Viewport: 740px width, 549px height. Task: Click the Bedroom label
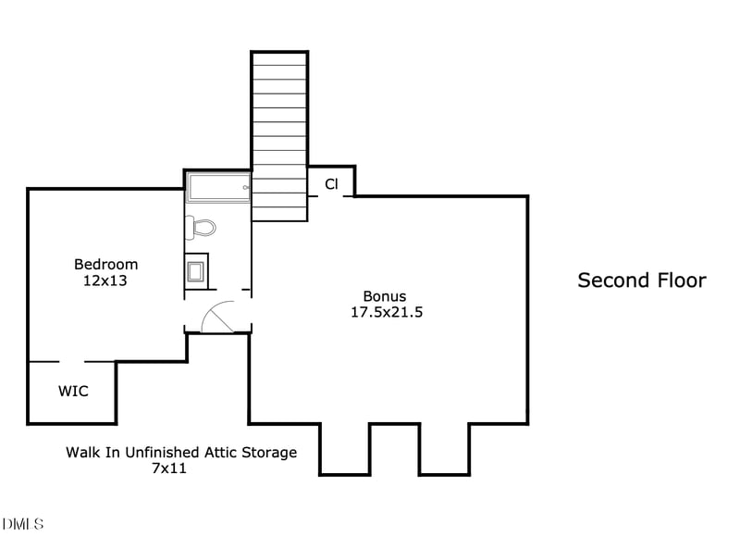click(x=105, y=264)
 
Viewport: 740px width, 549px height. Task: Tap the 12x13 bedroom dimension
click(x=105, y=281)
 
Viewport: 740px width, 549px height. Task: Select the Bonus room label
click(x=385, y=296)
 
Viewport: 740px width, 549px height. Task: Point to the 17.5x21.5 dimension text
click(x=387, y=312)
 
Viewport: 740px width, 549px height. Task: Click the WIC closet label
click(x=73, y=392)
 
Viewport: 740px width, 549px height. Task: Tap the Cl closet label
click(x=331, y=184)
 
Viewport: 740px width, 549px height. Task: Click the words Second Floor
click(x=642, y=281)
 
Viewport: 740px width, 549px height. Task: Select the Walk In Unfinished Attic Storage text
click(x=181, y=452)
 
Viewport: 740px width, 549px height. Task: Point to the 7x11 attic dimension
click(x=169, y=468)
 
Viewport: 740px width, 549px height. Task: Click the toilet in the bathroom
click(x=200, y=228)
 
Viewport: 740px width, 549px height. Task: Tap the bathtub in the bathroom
click(x=218, y=188)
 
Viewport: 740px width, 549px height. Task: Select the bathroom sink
click(x=195, y=271)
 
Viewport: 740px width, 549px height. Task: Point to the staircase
click(x=280, y=136)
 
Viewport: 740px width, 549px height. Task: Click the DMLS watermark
click(x=22, y=524)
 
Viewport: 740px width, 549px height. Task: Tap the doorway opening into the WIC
click(x=72, y=362)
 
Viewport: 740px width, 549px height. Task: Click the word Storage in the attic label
click(x=269, y=453)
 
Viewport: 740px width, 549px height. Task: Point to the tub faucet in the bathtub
click(x=246, y=188)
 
